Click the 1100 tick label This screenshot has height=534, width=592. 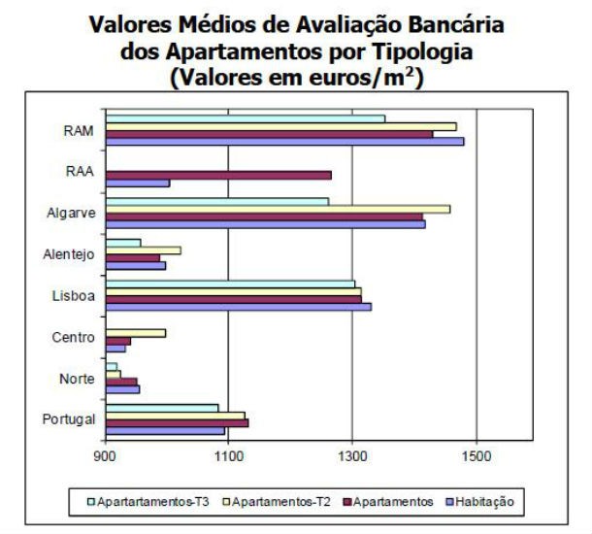pos(228,455)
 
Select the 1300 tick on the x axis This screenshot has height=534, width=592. pos(352,455)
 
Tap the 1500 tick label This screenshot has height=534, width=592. pos(476,455)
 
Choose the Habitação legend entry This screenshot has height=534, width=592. pos(480,502)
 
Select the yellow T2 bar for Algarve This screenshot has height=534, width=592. pos(277,209)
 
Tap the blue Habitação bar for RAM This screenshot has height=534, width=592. pos(283,141)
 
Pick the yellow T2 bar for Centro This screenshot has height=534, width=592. pos(135,333)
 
